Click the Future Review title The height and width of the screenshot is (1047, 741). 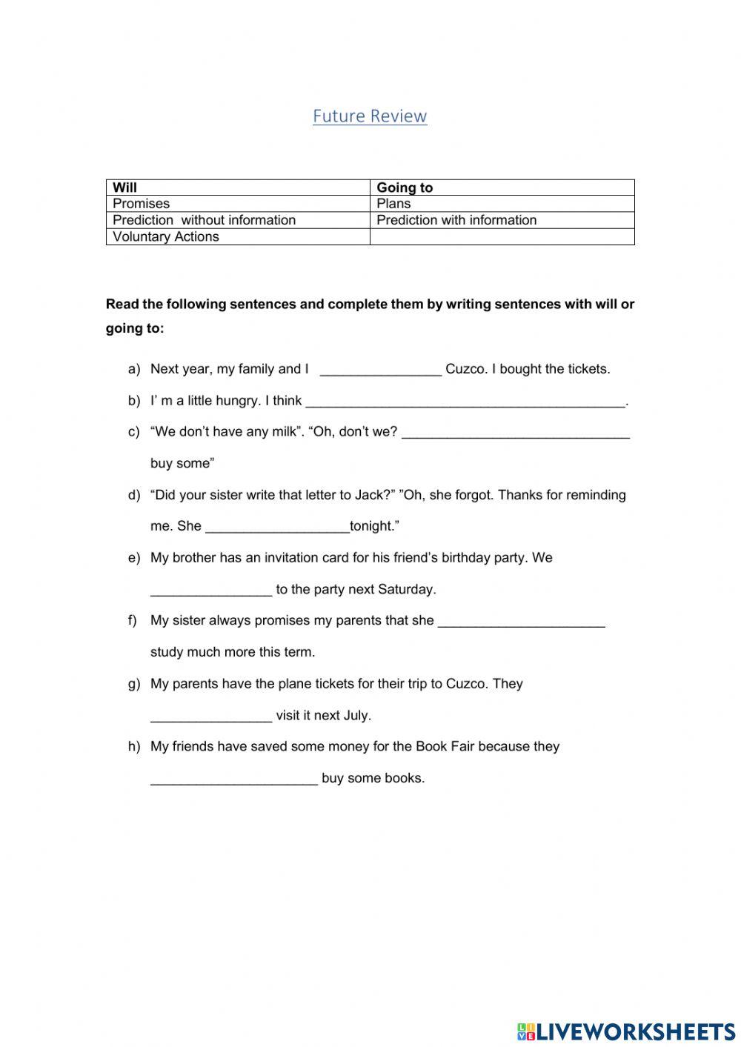370,116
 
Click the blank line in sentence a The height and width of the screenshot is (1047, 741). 380,370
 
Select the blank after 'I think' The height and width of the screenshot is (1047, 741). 465,402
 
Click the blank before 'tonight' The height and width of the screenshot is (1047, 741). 276,528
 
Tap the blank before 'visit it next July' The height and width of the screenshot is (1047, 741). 211,717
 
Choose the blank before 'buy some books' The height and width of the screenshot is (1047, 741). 233,780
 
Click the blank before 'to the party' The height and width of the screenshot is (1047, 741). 211,591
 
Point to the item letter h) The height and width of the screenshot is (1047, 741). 134,747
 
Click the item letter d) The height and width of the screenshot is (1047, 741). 134,495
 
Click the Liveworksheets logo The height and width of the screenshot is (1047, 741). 626,1031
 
